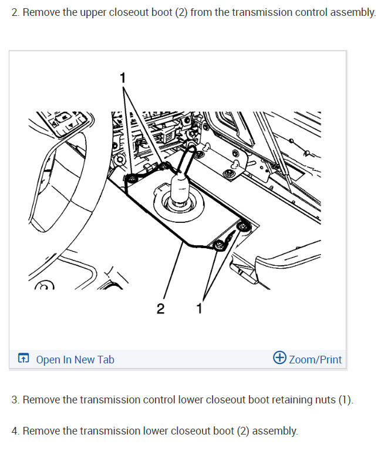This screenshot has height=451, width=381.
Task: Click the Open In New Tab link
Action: click(75, 359)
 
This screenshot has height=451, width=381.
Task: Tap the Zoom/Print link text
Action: click(315, 359)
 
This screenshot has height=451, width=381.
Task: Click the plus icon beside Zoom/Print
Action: click(280, 358)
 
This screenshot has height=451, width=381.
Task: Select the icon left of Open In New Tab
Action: click(23, 359)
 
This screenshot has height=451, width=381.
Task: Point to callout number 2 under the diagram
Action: click(161, 309)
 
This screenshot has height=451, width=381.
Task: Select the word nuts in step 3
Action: click(322, 400)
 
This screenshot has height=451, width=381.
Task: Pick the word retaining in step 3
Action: click(288, 400)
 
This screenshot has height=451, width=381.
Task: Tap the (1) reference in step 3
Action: click(345, 400)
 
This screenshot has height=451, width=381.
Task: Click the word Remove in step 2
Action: click(41, 12)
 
